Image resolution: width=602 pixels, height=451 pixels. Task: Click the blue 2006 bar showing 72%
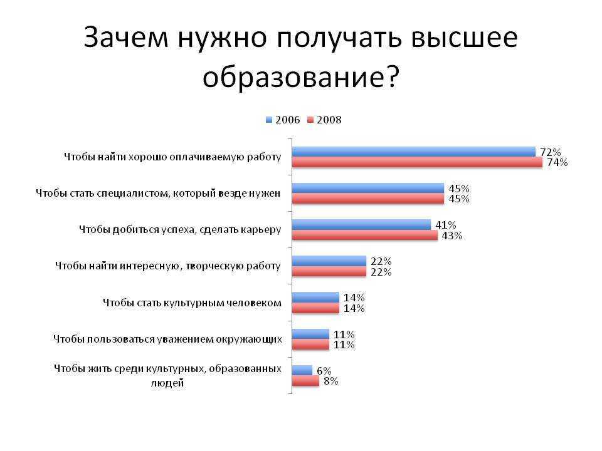tap(413, 152)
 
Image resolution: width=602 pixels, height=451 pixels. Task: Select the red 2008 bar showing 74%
tap(417, 162)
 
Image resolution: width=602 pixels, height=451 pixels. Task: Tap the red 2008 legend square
tap(310, 120)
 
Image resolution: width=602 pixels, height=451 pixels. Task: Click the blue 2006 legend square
tap(269, 120)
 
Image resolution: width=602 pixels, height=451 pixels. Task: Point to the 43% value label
tap(452, 236)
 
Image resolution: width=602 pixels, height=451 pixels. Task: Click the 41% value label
tap(445, 225)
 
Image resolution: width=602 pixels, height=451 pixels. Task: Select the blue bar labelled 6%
tap(302, 370)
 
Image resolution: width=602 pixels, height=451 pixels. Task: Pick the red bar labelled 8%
tap(305, 381)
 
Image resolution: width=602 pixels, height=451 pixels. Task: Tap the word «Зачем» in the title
tap(126, 37)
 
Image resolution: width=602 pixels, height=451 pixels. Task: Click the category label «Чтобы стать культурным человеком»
tap(192, 303)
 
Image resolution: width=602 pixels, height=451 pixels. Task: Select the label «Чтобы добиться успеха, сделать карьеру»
tap(180, 229)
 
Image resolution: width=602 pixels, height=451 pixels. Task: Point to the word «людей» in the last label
tap(167, 383)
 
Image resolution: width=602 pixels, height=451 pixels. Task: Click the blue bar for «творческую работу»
tap(329, 261)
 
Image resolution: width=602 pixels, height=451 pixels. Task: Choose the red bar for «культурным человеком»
tap(315, 308)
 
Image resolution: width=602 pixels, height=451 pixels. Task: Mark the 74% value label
tap(557, 163)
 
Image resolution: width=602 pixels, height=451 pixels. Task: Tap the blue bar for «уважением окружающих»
tap(310, 334)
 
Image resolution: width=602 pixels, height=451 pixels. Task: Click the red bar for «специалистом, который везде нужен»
tap(368, 199)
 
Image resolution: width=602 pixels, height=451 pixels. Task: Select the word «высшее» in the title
tap(464, 37)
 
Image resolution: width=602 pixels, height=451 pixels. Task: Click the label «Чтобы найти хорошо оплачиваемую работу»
tap(173, 157)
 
